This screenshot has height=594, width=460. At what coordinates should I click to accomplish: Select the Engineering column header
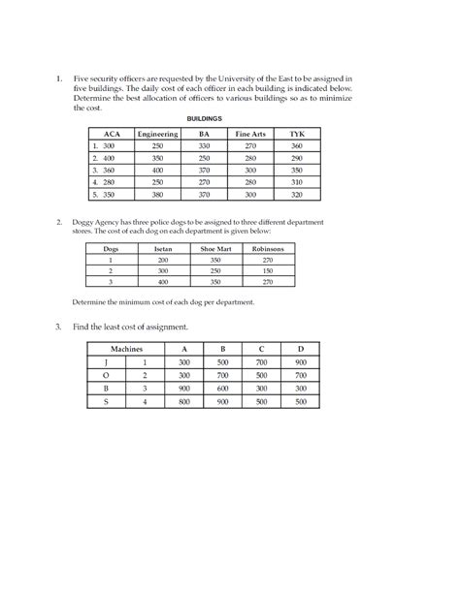[157, 133]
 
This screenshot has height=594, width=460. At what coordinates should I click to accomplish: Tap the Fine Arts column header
[250, 133]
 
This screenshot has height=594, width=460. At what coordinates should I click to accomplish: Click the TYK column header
[297, 133]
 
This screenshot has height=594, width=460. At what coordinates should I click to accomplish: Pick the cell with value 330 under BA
[204, 144]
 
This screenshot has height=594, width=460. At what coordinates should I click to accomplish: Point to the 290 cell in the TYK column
[297, 157]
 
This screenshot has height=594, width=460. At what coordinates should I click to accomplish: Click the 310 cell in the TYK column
[297, 181]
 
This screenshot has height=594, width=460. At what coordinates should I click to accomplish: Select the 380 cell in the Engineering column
[157, 194]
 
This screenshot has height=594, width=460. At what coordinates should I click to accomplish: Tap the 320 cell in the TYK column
[297, 194]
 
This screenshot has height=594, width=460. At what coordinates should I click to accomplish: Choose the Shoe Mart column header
[214, 248]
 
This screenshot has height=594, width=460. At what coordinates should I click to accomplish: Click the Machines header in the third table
[127, 347]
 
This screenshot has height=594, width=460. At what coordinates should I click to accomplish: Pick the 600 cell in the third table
[223, 387]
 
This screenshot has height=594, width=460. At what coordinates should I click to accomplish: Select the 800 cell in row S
[184, 400]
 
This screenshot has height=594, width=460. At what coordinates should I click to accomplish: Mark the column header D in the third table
[301, 347]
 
